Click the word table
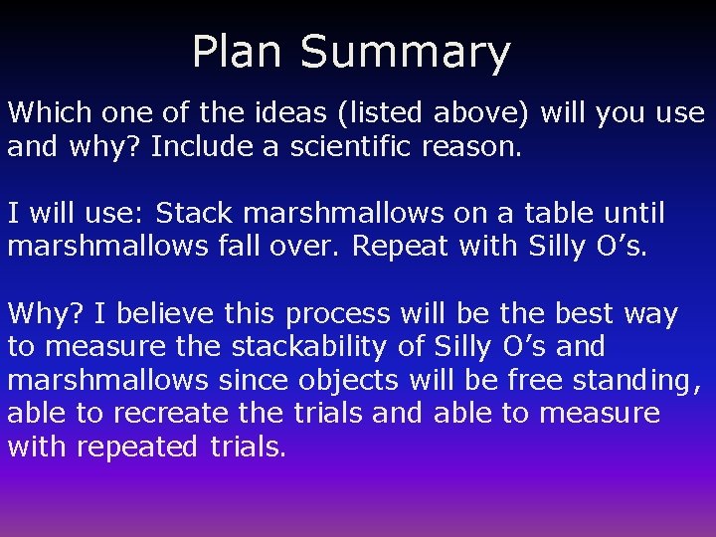[549, 213]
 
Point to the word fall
[239, 247]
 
